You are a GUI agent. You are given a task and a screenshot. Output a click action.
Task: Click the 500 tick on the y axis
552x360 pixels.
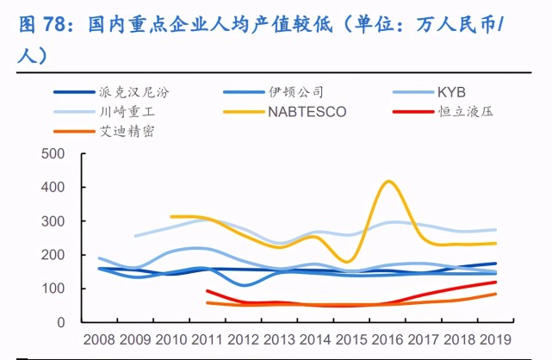coord(54,154)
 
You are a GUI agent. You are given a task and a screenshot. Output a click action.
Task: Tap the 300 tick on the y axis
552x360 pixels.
coord(54,221)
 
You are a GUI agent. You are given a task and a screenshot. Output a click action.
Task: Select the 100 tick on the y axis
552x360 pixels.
coord(54,289)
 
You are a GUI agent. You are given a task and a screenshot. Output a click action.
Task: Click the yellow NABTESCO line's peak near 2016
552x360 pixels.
coord(389,181)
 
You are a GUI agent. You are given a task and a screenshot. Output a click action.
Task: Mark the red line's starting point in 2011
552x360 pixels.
coord(208,291)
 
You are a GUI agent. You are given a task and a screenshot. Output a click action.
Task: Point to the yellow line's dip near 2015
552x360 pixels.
coord(347,261)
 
